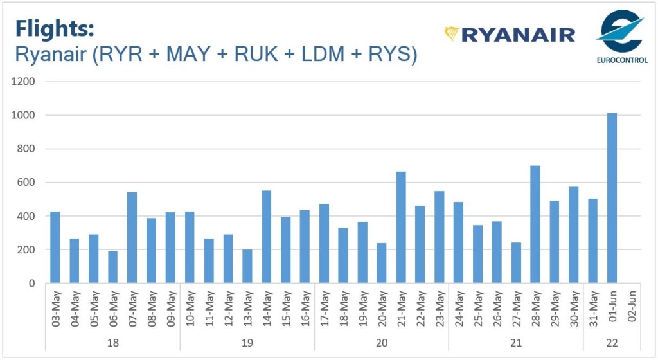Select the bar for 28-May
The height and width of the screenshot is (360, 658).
click(535, 224)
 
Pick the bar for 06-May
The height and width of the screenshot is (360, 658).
click(113, 267)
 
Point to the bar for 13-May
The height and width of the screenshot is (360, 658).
click(247, 266)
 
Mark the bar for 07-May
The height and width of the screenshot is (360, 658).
click(132, 237)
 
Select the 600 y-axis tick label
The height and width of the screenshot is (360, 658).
click(26, 183)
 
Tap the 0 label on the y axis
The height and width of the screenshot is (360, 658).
click(32, 283)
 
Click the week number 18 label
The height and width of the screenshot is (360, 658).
click(113, 342)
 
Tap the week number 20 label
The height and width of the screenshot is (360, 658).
click(382, 342)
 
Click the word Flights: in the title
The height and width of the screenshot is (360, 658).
click(55, 29)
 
